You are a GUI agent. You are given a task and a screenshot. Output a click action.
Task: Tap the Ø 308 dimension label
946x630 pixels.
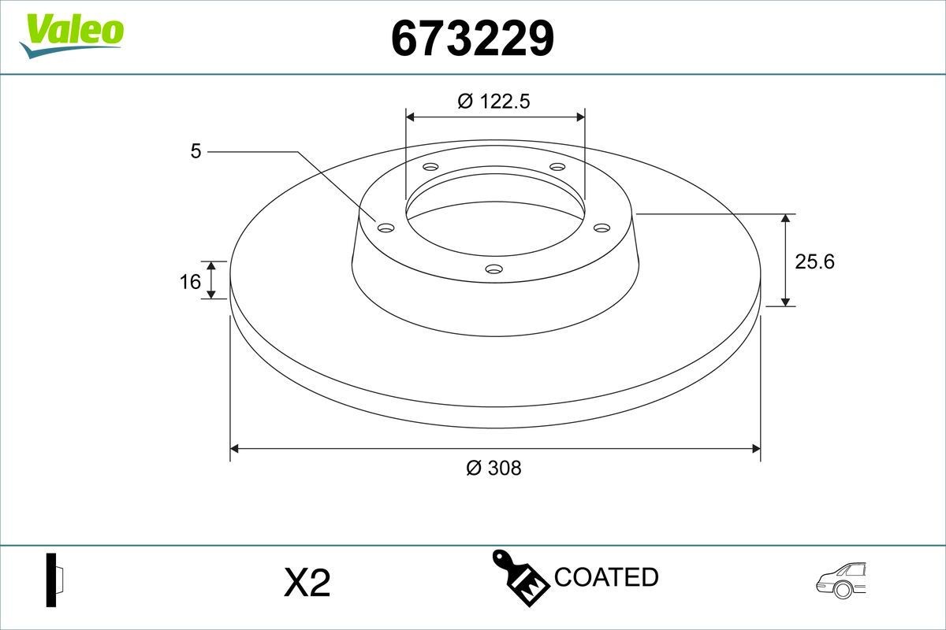click(x=493, y=468)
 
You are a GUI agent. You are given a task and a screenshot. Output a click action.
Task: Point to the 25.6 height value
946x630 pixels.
click(x=814, y=261)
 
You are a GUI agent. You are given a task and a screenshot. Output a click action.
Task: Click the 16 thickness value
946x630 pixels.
click(x=191, y=280)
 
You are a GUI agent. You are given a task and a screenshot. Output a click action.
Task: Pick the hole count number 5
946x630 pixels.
click(x=196, y=150)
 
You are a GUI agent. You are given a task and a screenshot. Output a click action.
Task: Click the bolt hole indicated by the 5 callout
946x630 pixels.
click(x=385, y=228)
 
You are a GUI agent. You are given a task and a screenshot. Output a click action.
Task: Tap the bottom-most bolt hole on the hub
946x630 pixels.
click(x=494, y=269)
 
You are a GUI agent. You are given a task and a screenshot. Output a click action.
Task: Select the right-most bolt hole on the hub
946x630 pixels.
click(x=602, y=228)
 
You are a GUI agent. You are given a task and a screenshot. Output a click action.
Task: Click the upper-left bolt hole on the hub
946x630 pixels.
click(x=430, y=167)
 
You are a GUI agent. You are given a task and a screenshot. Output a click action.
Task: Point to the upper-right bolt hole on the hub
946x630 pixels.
click(x=557, y=167)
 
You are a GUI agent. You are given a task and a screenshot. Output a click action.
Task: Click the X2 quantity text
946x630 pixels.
click(x=306, y=584)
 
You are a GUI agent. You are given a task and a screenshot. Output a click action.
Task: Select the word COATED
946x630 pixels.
click(x=605, y=577)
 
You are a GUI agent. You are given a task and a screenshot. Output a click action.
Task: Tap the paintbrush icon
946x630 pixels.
click(x=520, y=577)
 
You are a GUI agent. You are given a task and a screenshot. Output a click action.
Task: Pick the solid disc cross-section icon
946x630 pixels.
click(x=54, y=580)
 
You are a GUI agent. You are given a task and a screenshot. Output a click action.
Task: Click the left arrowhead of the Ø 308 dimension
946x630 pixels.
click(x=234, y=449)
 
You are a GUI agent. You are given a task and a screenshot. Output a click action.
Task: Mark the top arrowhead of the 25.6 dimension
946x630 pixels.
click(x=786, y=218)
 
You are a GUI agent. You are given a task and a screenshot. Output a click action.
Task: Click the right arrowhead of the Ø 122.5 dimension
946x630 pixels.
click(x=580, y=117)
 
